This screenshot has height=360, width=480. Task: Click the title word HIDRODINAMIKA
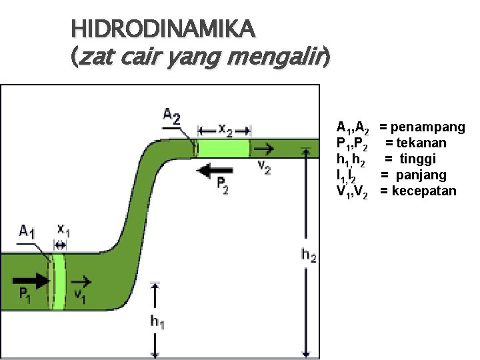pos(163,29)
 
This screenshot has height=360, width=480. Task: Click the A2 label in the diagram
pos(172,117)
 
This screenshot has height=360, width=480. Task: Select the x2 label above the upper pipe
pos(225,131)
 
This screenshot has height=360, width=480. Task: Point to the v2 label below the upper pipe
pos(264,167)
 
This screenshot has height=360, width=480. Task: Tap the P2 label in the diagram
pos(223,186)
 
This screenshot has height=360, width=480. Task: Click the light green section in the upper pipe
pos(224,147)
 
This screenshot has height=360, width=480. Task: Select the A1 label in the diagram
pos(27,232)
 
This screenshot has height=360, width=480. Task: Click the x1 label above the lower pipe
pos(63,230)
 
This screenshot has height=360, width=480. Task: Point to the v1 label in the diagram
pos(79,295)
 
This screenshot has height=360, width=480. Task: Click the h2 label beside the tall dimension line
pos(308,255)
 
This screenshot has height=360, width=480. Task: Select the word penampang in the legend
pos(428,127)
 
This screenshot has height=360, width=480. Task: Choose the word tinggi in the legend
pos(418,159)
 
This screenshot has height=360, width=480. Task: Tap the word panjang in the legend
pos(422,175)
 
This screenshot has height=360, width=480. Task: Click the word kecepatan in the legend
pos(424,191)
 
